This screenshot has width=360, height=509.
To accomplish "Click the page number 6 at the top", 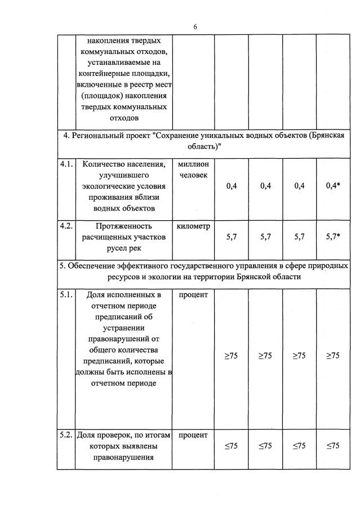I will coord(195,26).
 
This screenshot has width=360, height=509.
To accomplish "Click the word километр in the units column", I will coord(193,226).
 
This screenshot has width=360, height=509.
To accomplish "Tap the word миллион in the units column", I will coord(193,164).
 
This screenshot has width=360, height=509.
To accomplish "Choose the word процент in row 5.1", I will coord(193,294).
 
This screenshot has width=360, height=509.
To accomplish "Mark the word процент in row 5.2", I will coord(193,435).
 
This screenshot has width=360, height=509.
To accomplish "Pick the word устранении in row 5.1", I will coord(123,328).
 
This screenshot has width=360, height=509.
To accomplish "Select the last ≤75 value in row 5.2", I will coord(333,446).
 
